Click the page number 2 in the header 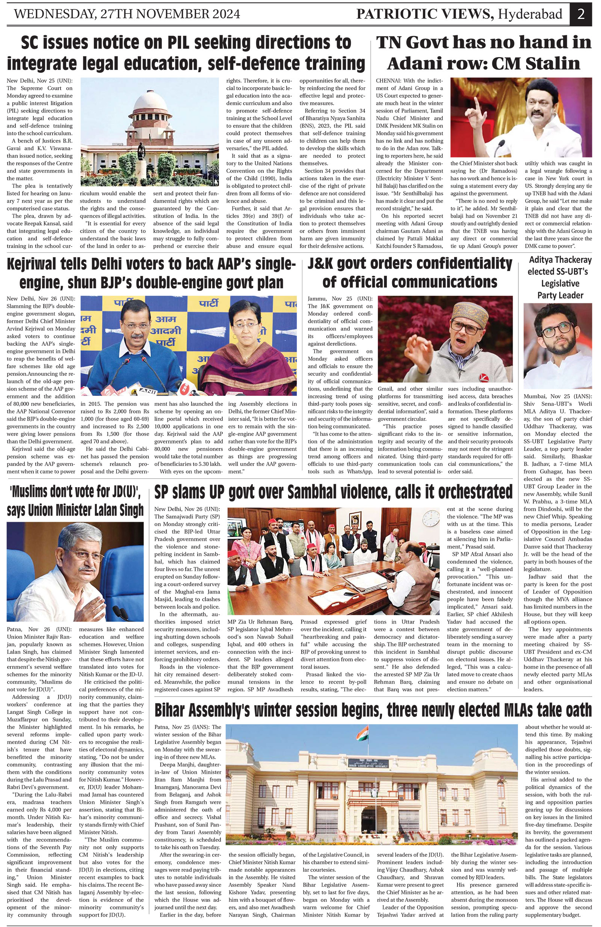tap(581, 14)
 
